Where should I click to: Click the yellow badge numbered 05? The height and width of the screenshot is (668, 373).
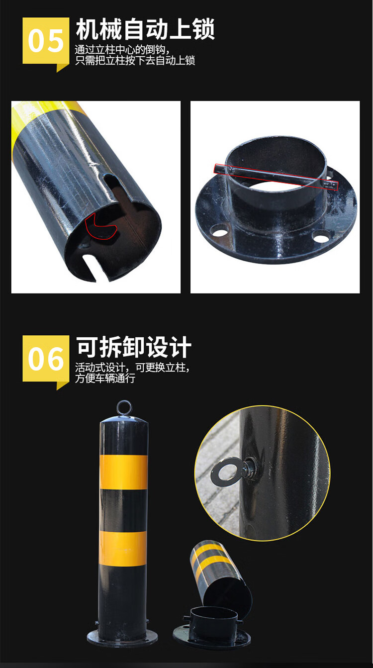click(46, 42)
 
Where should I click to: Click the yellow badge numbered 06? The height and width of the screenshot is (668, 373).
click(46, 359)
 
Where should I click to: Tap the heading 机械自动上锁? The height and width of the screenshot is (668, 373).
click(145, 29)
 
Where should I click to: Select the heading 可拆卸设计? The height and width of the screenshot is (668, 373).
click(134, 347)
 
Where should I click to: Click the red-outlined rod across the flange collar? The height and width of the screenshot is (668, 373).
click(276, 176)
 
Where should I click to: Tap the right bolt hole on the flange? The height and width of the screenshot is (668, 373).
click(321, 237)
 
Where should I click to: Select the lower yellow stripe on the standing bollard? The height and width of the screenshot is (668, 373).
click(123, 549)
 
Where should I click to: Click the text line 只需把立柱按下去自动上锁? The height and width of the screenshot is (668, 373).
click(135, 61)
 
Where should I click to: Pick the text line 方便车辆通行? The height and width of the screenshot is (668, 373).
click(105, 379)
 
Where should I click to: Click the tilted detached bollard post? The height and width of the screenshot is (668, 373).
click(221, 577)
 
